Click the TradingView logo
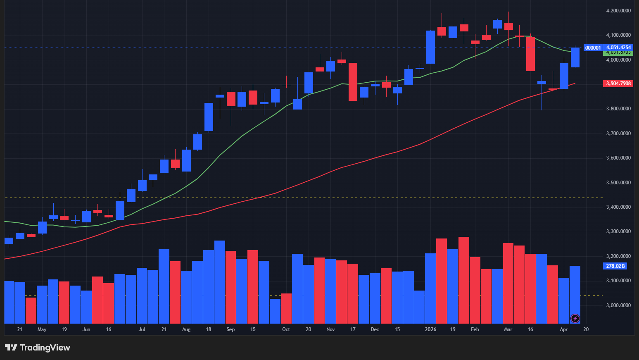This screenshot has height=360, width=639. [38, 348]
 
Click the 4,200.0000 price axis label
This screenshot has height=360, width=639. [618, 11]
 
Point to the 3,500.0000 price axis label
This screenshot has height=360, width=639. [618, 183]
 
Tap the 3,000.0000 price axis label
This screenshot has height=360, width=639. [618, 305]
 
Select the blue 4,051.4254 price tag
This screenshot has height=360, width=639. [618, 48]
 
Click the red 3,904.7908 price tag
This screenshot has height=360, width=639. [618, 83]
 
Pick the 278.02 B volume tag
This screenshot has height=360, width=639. [615, 266]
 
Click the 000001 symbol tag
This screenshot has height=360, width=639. [593, 48]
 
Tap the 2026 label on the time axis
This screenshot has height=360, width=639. [430, 329]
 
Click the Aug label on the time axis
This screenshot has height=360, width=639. [186, 329]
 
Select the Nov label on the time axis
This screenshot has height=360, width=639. [330, 329]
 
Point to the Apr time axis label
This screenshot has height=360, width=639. [563, 329]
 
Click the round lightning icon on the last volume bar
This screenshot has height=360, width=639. [575, 318]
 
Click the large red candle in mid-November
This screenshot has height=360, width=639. [353, 81]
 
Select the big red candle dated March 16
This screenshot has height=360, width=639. [530, 54]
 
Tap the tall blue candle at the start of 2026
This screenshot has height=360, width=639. [430, 47]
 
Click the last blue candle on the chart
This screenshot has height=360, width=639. [575, 57]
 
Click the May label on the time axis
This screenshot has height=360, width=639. [42, 329]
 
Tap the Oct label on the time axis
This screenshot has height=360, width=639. [286, 329]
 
